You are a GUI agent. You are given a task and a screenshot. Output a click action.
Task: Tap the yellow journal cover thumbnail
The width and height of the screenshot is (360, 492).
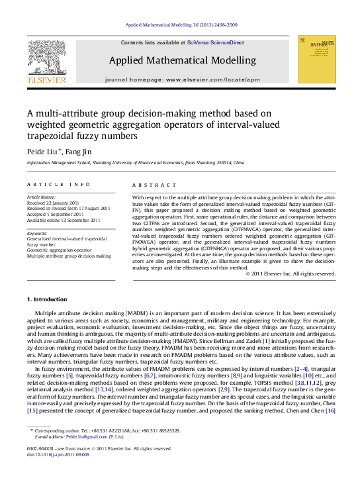pyautogui.click(x=316, y=59)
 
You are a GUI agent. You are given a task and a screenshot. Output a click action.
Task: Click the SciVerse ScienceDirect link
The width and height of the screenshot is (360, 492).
pyautogui.click(x=215, y=42)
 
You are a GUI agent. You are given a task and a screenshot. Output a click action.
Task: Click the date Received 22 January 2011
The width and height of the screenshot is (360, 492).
pyautogui.click(x=53, y=203)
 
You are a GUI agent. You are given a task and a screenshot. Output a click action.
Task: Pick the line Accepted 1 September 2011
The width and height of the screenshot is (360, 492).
pyautogui.click(x=55, y=214)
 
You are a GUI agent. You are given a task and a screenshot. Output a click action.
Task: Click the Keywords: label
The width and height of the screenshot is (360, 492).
pyautogui.click(x=37, y=233)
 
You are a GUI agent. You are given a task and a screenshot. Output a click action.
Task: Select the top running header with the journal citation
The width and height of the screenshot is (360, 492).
pyautogui.click(x=180, y=25)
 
